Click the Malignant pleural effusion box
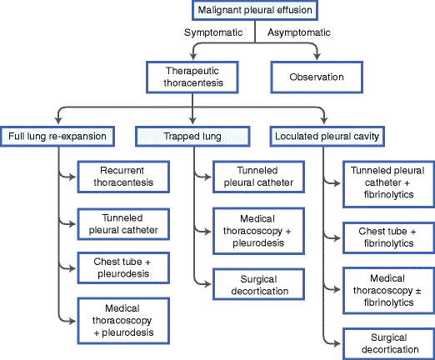pyautogui.click(x=255, y=10)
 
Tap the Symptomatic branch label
pyautogui.click(x=213, y=32)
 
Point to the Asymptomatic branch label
pyautogui.click(x=299, y=32)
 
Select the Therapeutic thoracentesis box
pyautogui.click(x=192, y=77)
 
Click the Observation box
pyautogui.click(x=317, y=77)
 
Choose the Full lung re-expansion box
pyautogui.click(x=57, y=137)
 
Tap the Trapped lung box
pyautogui.click(x=192, y=137)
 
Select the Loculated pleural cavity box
pyautogui.click(x=327, y=137)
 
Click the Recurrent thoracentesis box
pyautogui.click(x=123, y=177)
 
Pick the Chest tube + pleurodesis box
pyautogui.click(x=123, y=267)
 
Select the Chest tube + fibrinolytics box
pyautogui.click(x=388, y=237)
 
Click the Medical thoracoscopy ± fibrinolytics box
pyautogui.click(x=388, y=291)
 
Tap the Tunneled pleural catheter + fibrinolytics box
pyautogui.click(x=388, y=184)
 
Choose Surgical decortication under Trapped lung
pyautogui.click(x=259, y=284)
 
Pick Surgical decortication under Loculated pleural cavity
pyautogui.click(x=388, y=343)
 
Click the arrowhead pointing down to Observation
pyautogui.click(x=317, y=56)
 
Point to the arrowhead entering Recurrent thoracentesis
pyautogui.click(x=72, y=177)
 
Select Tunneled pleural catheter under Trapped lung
pyautogui.click(x=259, y=177)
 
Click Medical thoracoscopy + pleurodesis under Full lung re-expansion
pyautogui.click(x=123, y=321)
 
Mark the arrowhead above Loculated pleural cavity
pyautogui.click(x=324, y=120)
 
